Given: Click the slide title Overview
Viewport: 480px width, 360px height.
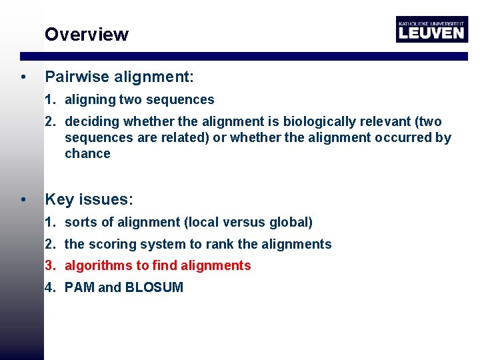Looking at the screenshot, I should [x=86, y=35].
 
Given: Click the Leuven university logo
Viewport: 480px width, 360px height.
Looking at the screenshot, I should [x=431, y=29].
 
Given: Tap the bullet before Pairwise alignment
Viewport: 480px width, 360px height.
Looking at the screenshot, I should [x=24, y=78].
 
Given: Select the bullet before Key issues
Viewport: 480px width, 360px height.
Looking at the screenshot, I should [x=24, y=200].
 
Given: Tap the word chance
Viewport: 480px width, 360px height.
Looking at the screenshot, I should [x=87, y=154].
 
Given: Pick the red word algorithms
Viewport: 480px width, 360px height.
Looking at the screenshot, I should [x=98, y=266].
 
